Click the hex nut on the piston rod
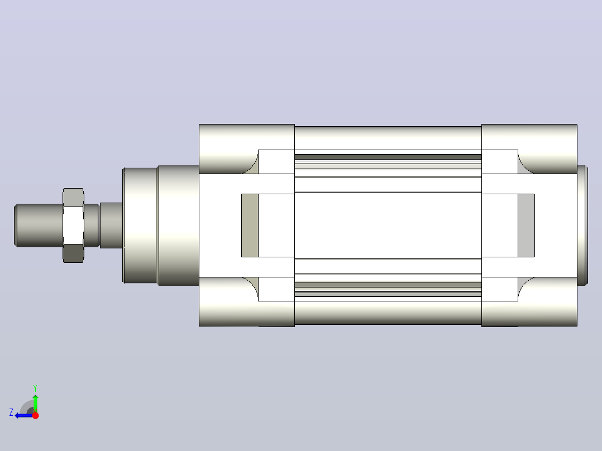click(x=73, y=226)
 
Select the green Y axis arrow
click(x=35, y=402)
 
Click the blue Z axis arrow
click(x=24, y=415)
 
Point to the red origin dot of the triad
click(x=35, y=415)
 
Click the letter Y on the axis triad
click(x=35, y=388)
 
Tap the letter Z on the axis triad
click(x=11, y=412)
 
